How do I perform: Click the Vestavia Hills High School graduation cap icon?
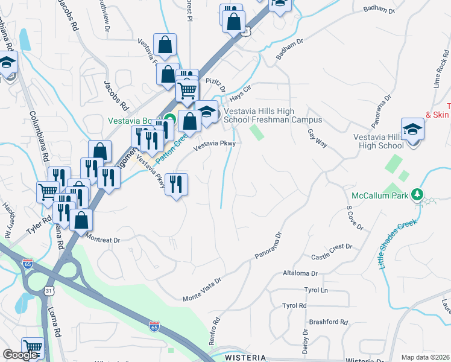[412, 130]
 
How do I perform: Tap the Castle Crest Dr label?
[331, 252]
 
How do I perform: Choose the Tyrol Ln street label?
[316, 290]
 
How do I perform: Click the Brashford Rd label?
[327, 322]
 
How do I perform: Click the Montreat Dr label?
[104, 239]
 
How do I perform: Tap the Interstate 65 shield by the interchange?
[27, 263]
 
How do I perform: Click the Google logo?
[20, 355]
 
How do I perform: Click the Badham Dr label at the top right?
[379, 11]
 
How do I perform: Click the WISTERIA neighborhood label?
[245, 358]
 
